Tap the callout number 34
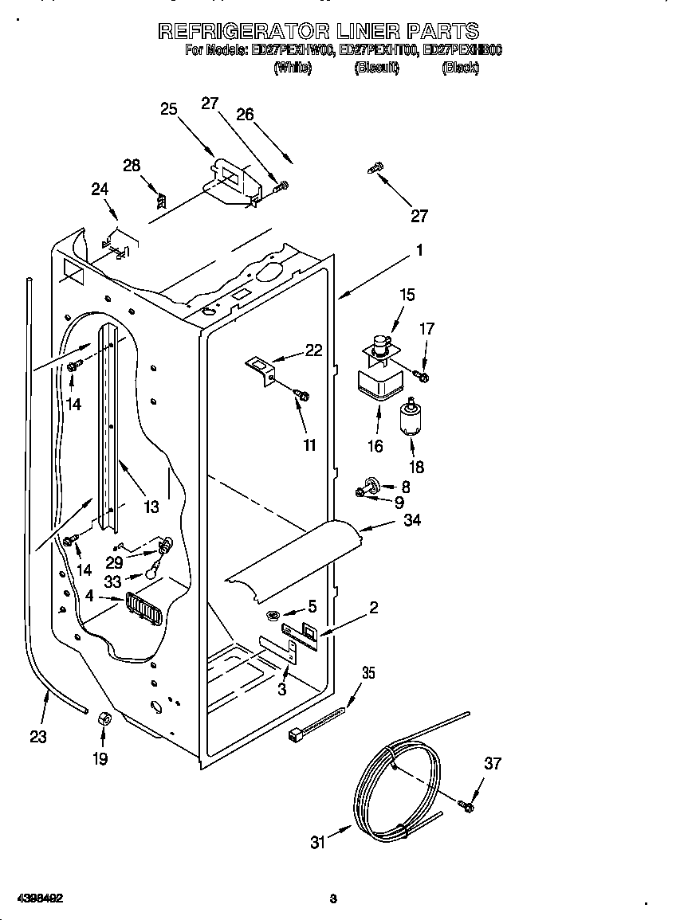point(412,521)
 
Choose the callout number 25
point(168,109)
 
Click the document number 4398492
point(33,898)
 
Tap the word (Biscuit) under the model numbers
point(375,69)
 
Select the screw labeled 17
point(422,374)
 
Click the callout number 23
point(38,736)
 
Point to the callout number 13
point(151,506)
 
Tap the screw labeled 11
point(302,394)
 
